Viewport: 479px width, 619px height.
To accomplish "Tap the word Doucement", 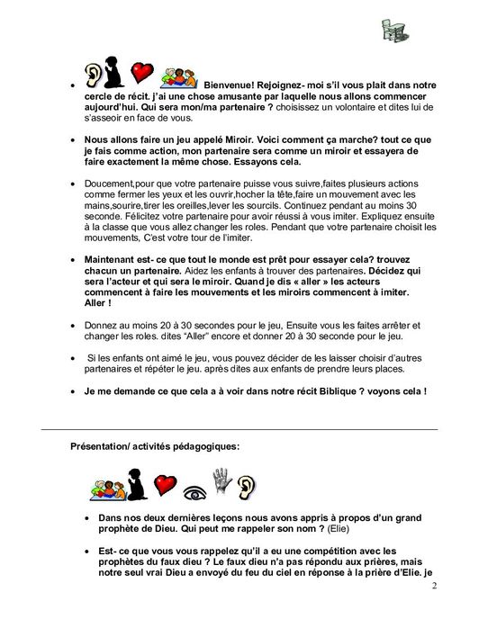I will [x=108, y=182].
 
